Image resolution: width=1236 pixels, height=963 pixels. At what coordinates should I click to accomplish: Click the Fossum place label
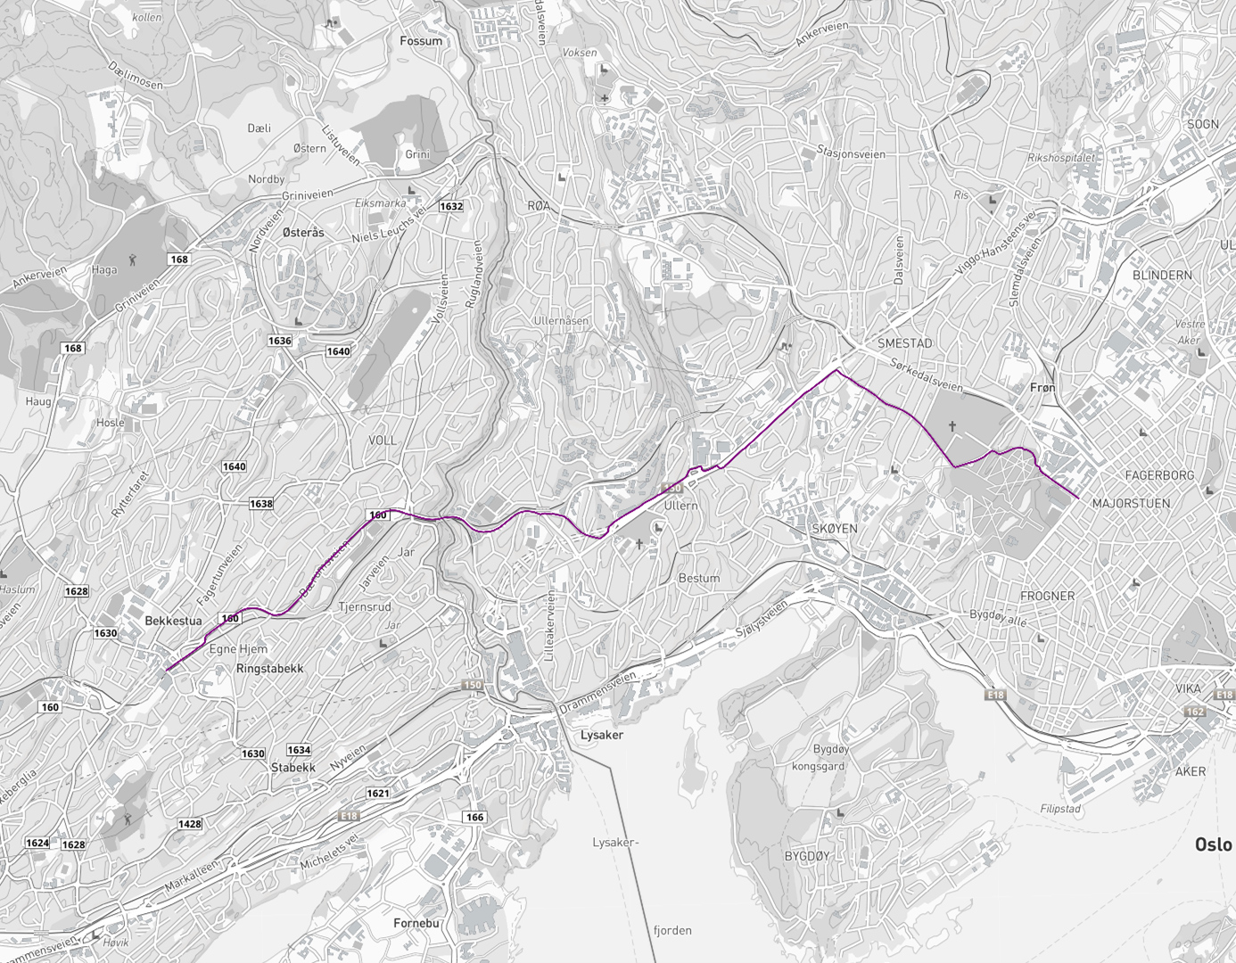tap(421, 41)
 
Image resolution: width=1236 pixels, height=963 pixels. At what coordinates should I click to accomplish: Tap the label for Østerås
tap(303, 232)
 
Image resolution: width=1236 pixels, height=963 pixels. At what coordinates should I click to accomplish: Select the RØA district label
tap(539, 206)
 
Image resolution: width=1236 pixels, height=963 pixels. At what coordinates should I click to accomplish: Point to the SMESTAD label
tap(904, 343)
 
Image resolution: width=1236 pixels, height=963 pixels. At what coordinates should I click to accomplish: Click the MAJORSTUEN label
tap(1131, 503)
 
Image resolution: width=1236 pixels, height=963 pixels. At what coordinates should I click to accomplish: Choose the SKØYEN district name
tap(834, 529)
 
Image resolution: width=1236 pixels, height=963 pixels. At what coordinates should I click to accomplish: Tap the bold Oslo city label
tap(1213, 844)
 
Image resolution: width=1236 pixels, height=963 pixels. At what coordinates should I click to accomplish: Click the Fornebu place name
tap(416, 923)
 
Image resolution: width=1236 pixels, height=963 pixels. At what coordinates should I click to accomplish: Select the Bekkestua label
tap(173, 621)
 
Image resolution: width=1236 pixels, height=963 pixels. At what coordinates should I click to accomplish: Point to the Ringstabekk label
tap(269, 668)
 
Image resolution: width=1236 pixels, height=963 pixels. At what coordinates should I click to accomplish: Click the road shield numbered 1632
tap(451, 206)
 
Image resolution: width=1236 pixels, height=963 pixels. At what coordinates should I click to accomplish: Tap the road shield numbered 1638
tap(261, 504)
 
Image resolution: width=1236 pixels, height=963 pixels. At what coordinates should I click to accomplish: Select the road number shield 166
tap(474, 817)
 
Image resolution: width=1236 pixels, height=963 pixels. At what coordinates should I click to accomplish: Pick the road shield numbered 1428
tap(190, 824)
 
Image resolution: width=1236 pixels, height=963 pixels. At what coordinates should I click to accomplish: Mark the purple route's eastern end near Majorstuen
tap(1079, 498)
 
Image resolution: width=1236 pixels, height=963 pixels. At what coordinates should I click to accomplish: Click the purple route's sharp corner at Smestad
tap(837, 369)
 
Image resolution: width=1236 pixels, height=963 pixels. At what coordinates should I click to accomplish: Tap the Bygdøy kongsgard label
tap(819, 757)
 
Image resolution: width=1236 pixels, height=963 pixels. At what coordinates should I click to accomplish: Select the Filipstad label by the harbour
tap(1060, 809)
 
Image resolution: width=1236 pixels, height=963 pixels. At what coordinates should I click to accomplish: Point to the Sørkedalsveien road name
tap(927, 375)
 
